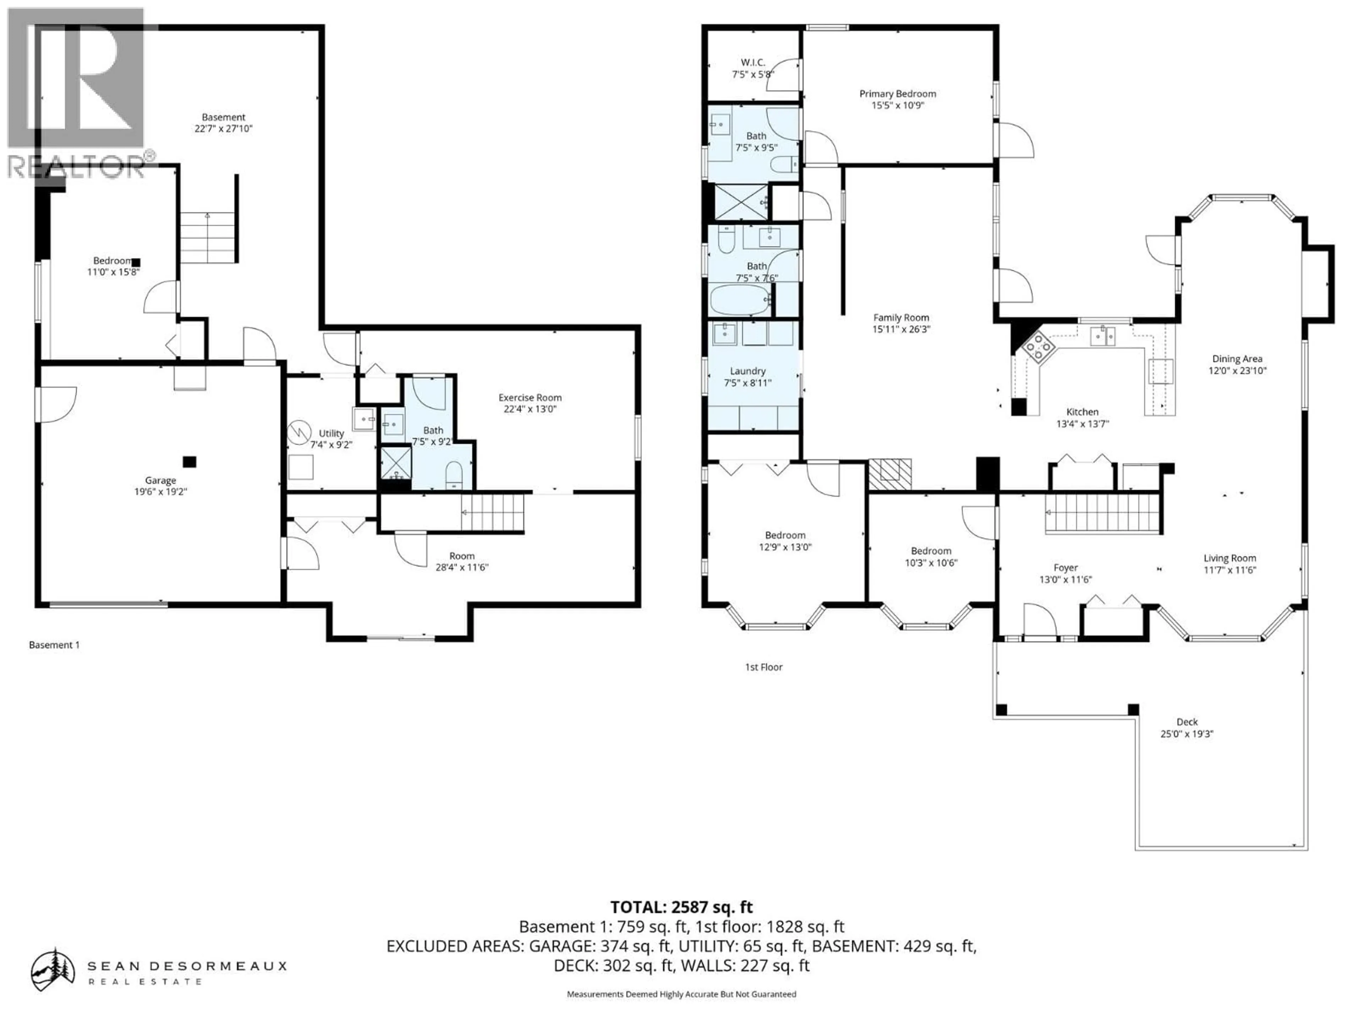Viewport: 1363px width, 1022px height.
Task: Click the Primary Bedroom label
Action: pos(897,94)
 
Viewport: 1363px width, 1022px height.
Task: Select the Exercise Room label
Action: pos(530,397)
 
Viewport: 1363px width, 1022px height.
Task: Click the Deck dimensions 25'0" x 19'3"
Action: pos(1187,734)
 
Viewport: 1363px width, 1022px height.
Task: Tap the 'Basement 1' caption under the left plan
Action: pos(54,645)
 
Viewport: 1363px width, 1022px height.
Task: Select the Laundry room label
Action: pos(748,371)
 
